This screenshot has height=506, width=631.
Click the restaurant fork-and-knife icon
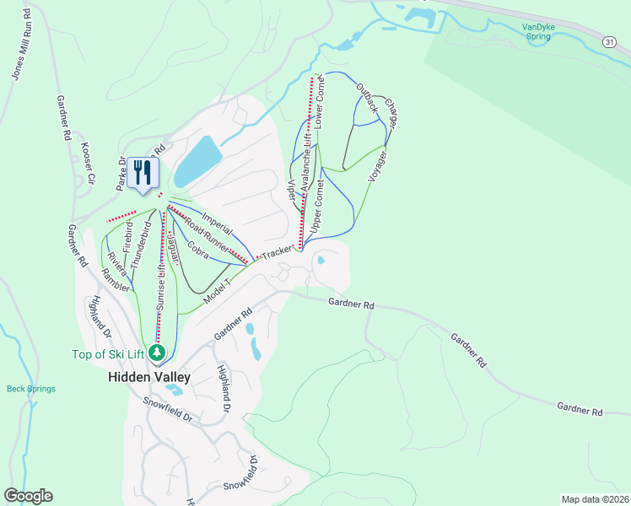(143, 173)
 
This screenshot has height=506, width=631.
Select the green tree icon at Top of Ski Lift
(156, 353)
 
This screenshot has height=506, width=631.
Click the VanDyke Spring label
(541, 31)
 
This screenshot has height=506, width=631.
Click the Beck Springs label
(31, 389)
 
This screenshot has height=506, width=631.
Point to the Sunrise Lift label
(160, 288)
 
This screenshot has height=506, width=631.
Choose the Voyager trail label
(378, 165)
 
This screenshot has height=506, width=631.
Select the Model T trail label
(217, 293)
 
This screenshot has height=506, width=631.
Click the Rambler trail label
(116, 282)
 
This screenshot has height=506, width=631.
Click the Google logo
(28, 496)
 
